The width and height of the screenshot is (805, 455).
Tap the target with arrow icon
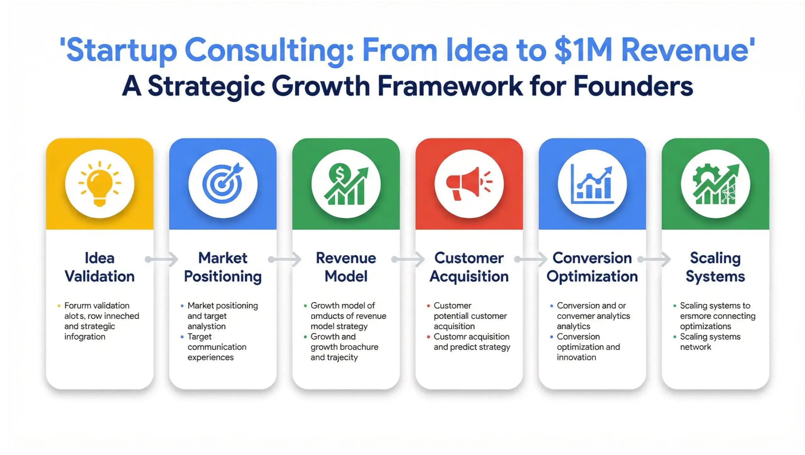tap(223, 183)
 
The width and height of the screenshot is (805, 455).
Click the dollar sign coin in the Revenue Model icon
tap(339, 172)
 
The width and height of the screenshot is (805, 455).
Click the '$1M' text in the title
tap(583, 50)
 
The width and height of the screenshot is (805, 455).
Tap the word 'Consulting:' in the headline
tap(270, 50)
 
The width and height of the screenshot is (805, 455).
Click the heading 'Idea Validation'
tap(100, 267)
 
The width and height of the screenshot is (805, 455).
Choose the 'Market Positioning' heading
tap(223, 267)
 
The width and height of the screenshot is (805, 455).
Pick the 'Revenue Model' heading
tap(346, 267)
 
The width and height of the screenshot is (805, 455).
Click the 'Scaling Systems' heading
tap(715, 267)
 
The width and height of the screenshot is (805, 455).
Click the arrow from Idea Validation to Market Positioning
tap(162, 259)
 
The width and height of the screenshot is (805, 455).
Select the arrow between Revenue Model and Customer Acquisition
tap(408, 259)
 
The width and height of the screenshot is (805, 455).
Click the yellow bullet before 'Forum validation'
tap(59, 306)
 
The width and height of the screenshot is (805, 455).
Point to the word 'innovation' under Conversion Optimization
tap(576, 357)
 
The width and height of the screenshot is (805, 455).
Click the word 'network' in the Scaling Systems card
tap(695, 347)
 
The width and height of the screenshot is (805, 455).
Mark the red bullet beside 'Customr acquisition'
tap(428, 337)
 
